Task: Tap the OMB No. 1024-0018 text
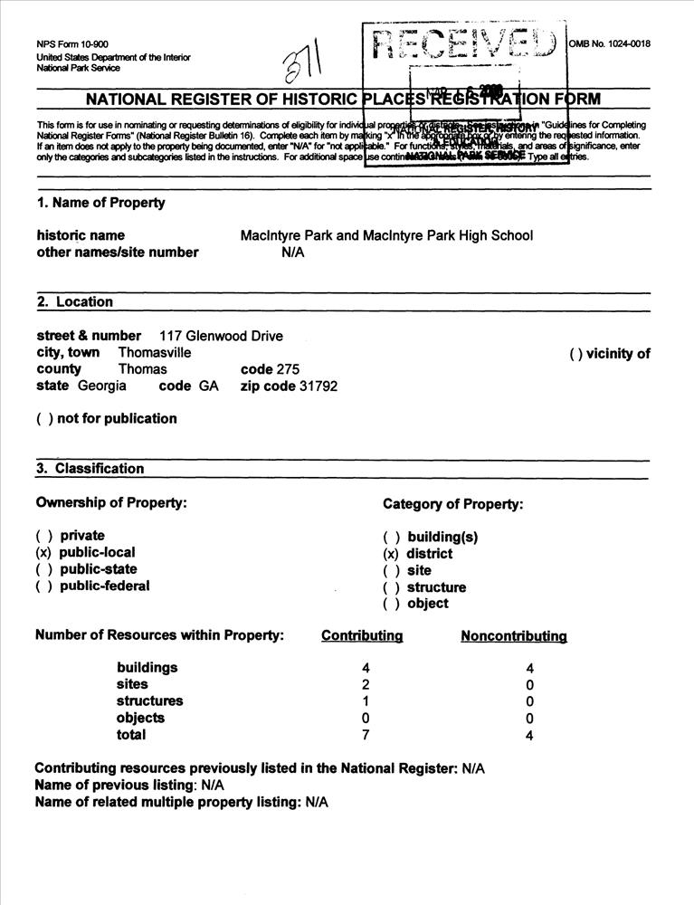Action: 610,43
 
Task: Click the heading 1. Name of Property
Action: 100,203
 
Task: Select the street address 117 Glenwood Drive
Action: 221,336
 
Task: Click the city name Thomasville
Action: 155,353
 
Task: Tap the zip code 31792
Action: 318,386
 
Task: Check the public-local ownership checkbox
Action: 43,552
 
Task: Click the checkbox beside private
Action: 43,536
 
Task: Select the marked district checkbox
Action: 390,554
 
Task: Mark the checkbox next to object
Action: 390,604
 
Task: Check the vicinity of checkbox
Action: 575,354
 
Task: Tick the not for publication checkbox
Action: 43,419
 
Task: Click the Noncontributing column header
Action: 513,636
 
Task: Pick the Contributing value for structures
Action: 366,701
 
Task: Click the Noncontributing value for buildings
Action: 529,669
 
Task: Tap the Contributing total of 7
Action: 366,735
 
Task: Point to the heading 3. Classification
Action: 90,469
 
